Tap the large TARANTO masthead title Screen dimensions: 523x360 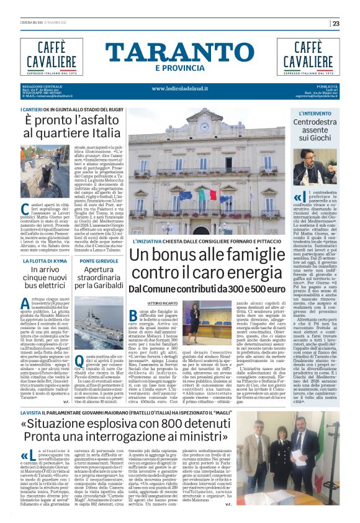click(x=180, y=52)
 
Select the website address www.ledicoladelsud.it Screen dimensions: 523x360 click(x=180, y=88)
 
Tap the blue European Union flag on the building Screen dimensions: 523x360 click(x=186, y=194)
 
